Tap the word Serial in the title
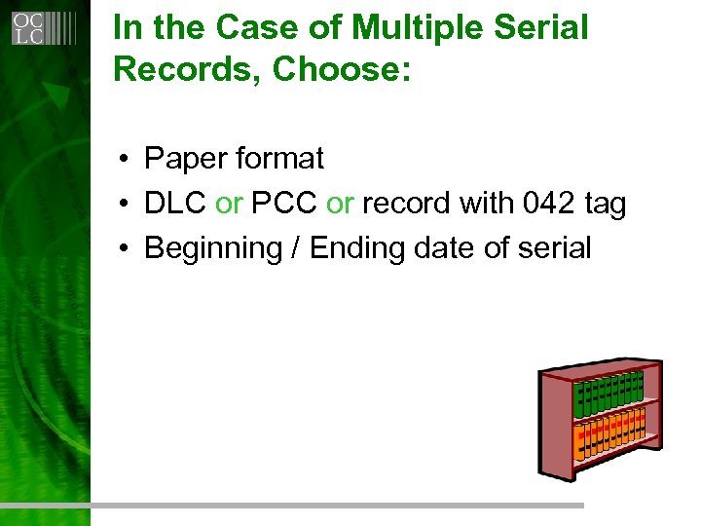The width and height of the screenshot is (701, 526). (x=540, y=27)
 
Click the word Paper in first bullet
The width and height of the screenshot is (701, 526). (x=184, y=158)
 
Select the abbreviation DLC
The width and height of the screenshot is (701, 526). (x=175, y=204)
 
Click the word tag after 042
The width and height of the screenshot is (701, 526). (x=605, y=205)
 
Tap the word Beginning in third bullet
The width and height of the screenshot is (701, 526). (x=212, y=249)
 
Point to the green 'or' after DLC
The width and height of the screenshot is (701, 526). (x=229, y=204)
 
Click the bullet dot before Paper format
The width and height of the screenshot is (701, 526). (x=127, y=159)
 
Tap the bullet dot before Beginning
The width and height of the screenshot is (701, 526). (x=127, y=249)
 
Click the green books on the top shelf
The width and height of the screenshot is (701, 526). (x=608, y=393)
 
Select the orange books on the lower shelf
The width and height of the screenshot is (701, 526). (x=609, y=434)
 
